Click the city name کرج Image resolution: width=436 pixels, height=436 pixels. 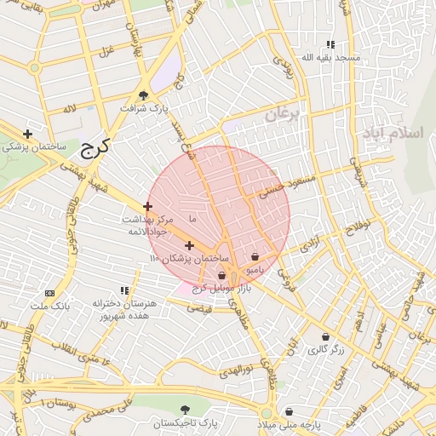pyautogui.click(x=96, y=150)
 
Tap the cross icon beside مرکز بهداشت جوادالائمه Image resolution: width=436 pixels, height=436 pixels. pyautogui.click(x=148, y=206)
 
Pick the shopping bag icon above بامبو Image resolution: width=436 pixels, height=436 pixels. pyautogui.click(x=255, y=256)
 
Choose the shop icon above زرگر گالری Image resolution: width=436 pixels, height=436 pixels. pyautogui.click(x=325, y=336)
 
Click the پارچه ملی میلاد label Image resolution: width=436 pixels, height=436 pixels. pyautogui.click(x=290, y=424)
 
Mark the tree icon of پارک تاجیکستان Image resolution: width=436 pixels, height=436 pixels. pyautogui.click(x=186, y=410)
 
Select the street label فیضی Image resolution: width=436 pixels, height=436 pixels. pyautogui.click(x=199, y=307)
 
